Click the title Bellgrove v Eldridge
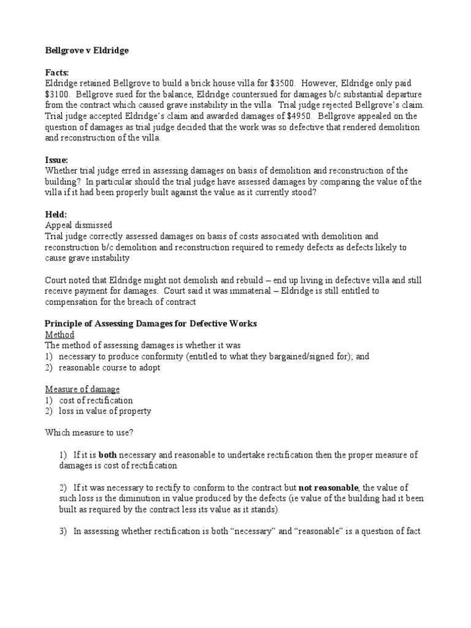[86, 50]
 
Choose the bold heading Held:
[57, 214]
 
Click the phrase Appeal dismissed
[78, 225]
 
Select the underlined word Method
[60, 335]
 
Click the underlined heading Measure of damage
[82, 389]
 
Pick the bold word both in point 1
[108, 455]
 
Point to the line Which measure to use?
[90, 432]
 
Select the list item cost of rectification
[96, 400]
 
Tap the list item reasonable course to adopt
[110, 367]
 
